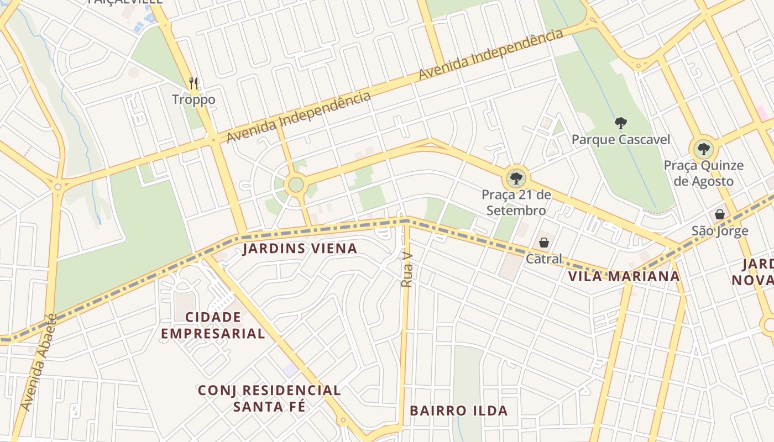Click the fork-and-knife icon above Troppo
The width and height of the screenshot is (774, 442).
pos(193,83)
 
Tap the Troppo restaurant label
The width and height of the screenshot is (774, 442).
pos(193,100)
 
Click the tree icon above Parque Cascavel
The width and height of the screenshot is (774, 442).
pos(620,123)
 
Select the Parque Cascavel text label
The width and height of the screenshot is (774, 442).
pos(620,140)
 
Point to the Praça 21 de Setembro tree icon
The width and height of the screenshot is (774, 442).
pos(516,178)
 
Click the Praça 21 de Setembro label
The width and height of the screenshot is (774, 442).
pos(516,202)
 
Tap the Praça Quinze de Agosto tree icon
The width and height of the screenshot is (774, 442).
pos(703,149)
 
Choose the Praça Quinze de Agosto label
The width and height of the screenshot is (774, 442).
pos(703,173)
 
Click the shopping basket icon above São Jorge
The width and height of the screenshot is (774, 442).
pos(720,214)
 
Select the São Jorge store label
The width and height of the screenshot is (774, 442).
pos(720,231)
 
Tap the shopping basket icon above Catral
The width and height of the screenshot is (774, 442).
pos(544,243)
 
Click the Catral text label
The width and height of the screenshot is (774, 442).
pos(544,259)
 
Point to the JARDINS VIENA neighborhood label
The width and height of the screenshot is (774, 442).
pos(300,249)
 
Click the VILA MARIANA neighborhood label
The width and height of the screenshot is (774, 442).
pos(624,276)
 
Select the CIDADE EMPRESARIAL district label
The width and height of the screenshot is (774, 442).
pos(213,325)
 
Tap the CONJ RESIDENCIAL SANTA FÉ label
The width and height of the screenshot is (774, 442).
pos(269,398)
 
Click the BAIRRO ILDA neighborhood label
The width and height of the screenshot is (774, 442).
pos(458,411)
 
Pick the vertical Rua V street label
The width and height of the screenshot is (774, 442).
pos(407,271)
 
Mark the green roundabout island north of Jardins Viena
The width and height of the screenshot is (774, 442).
pos(296,185)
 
